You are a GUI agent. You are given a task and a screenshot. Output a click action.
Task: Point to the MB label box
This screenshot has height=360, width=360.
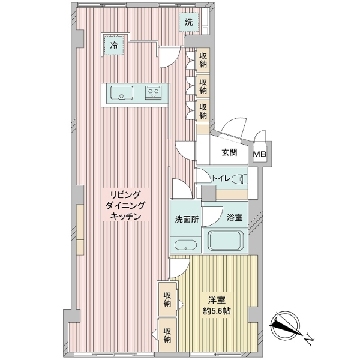pos(260,154)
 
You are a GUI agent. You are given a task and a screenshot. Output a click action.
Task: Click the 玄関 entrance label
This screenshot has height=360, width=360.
pos(229,152)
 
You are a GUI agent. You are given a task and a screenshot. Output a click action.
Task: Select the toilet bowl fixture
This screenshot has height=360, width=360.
pos(241,178)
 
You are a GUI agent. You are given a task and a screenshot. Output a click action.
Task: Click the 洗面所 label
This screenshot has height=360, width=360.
pos(185,219)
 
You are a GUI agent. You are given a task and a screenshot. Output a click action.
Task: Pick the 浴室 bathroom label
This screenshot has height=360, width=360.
pos(235,218)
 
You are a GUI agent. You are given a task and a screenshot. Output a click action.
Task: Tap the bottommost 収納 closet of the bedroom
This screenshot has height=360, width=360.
pos(169,336)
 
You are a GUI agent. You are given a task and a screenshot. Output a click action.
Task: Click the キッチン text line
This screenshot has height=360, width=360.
pos(125,217)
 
